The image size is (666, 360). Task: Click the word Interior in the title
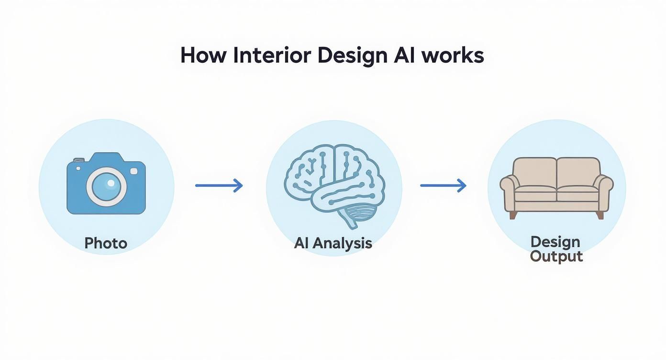pyautogui.click(x=272, y=56)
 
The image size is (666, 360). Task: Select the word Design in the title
pyautogui.click(x=352, y=56)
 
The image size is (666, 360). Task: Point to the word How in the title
pyautogui.click(x=203, y=56)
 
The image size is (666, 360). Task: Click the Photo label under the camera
pyautogui.click(x=106, y=243)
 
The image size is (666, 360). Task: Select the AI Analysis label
pyautogui.click(x=333, y=243)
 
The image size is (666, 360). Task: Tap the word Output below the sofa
pyautogui.click(x=556, y=256)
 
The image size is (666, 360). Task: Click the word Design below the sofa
pyautogui.click(x=555, y=242)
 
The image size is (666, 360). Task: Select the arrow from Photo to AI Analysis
pyautogui.click(x=219, y=185)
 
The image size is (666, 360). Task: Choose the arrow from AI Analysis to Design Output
pyautogui.click(x=443, y=185)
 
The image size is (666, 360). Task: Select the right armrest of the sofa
pyautogui.click(x=605, y=191)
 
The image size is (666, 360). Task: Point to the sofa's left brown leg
pyautogui.click(x=513, y=215)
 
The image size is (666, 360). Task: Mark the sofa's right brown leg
pyautogui.click(x=600, y=215)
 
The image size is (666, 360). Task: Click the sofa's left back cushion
pyautogui.click(x=535, y=172)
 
